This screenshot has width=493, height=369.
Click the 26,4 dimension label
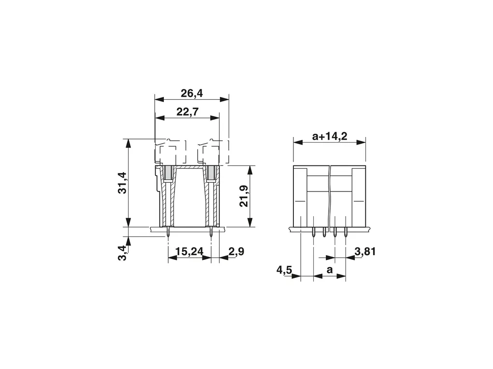[x=192, y=93]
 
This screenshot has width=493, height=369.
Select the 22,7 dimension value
[x=188, y=111]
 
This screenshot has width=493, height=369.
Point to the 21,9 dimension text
[x=244, y=196]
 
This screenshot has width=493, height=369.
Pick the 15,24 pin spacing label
[x=189, y=251]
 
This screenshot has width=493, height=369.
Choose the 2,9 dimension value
[x=236, y=251]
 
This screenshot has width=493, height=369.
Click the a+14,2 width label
[x=330, y=136]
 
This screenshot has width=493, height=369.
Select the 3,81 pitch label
[x=365, y=251]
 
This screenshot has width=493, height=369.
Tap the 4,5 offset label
[x=284, y=270]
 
